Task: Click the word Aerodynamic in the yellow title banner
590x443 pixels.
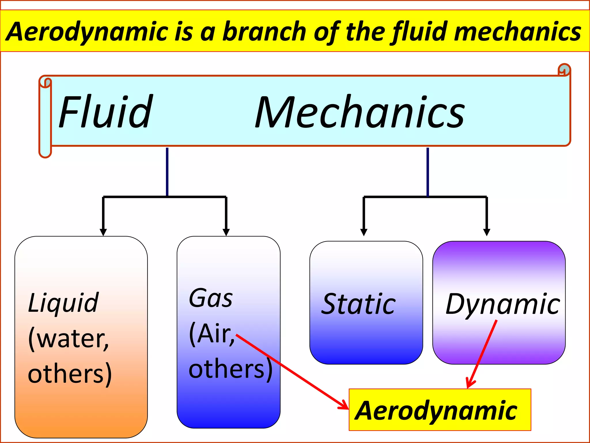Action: coord(86,32)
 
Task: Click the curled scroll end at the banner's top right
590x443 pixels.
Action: coord(564,70)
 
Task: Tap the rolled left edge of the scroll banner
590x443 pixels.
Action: coord(45,118)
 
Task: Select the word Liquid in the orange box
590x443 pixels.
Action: coord(63,303)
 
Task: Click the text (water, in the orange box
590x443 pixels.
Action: coord(69,339)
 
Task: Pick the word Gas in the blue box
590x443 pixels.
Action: coord(211,299)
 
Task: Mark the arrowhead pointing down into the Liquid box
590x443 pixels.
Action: coord(103,232)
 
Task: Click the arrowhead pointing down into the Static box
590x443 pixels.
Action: coord(364,232)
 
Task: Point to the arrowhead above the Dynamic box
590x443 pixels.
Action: coord(487,232)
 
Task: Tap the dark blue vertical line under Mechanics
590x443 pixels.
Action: coord(428,172)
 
